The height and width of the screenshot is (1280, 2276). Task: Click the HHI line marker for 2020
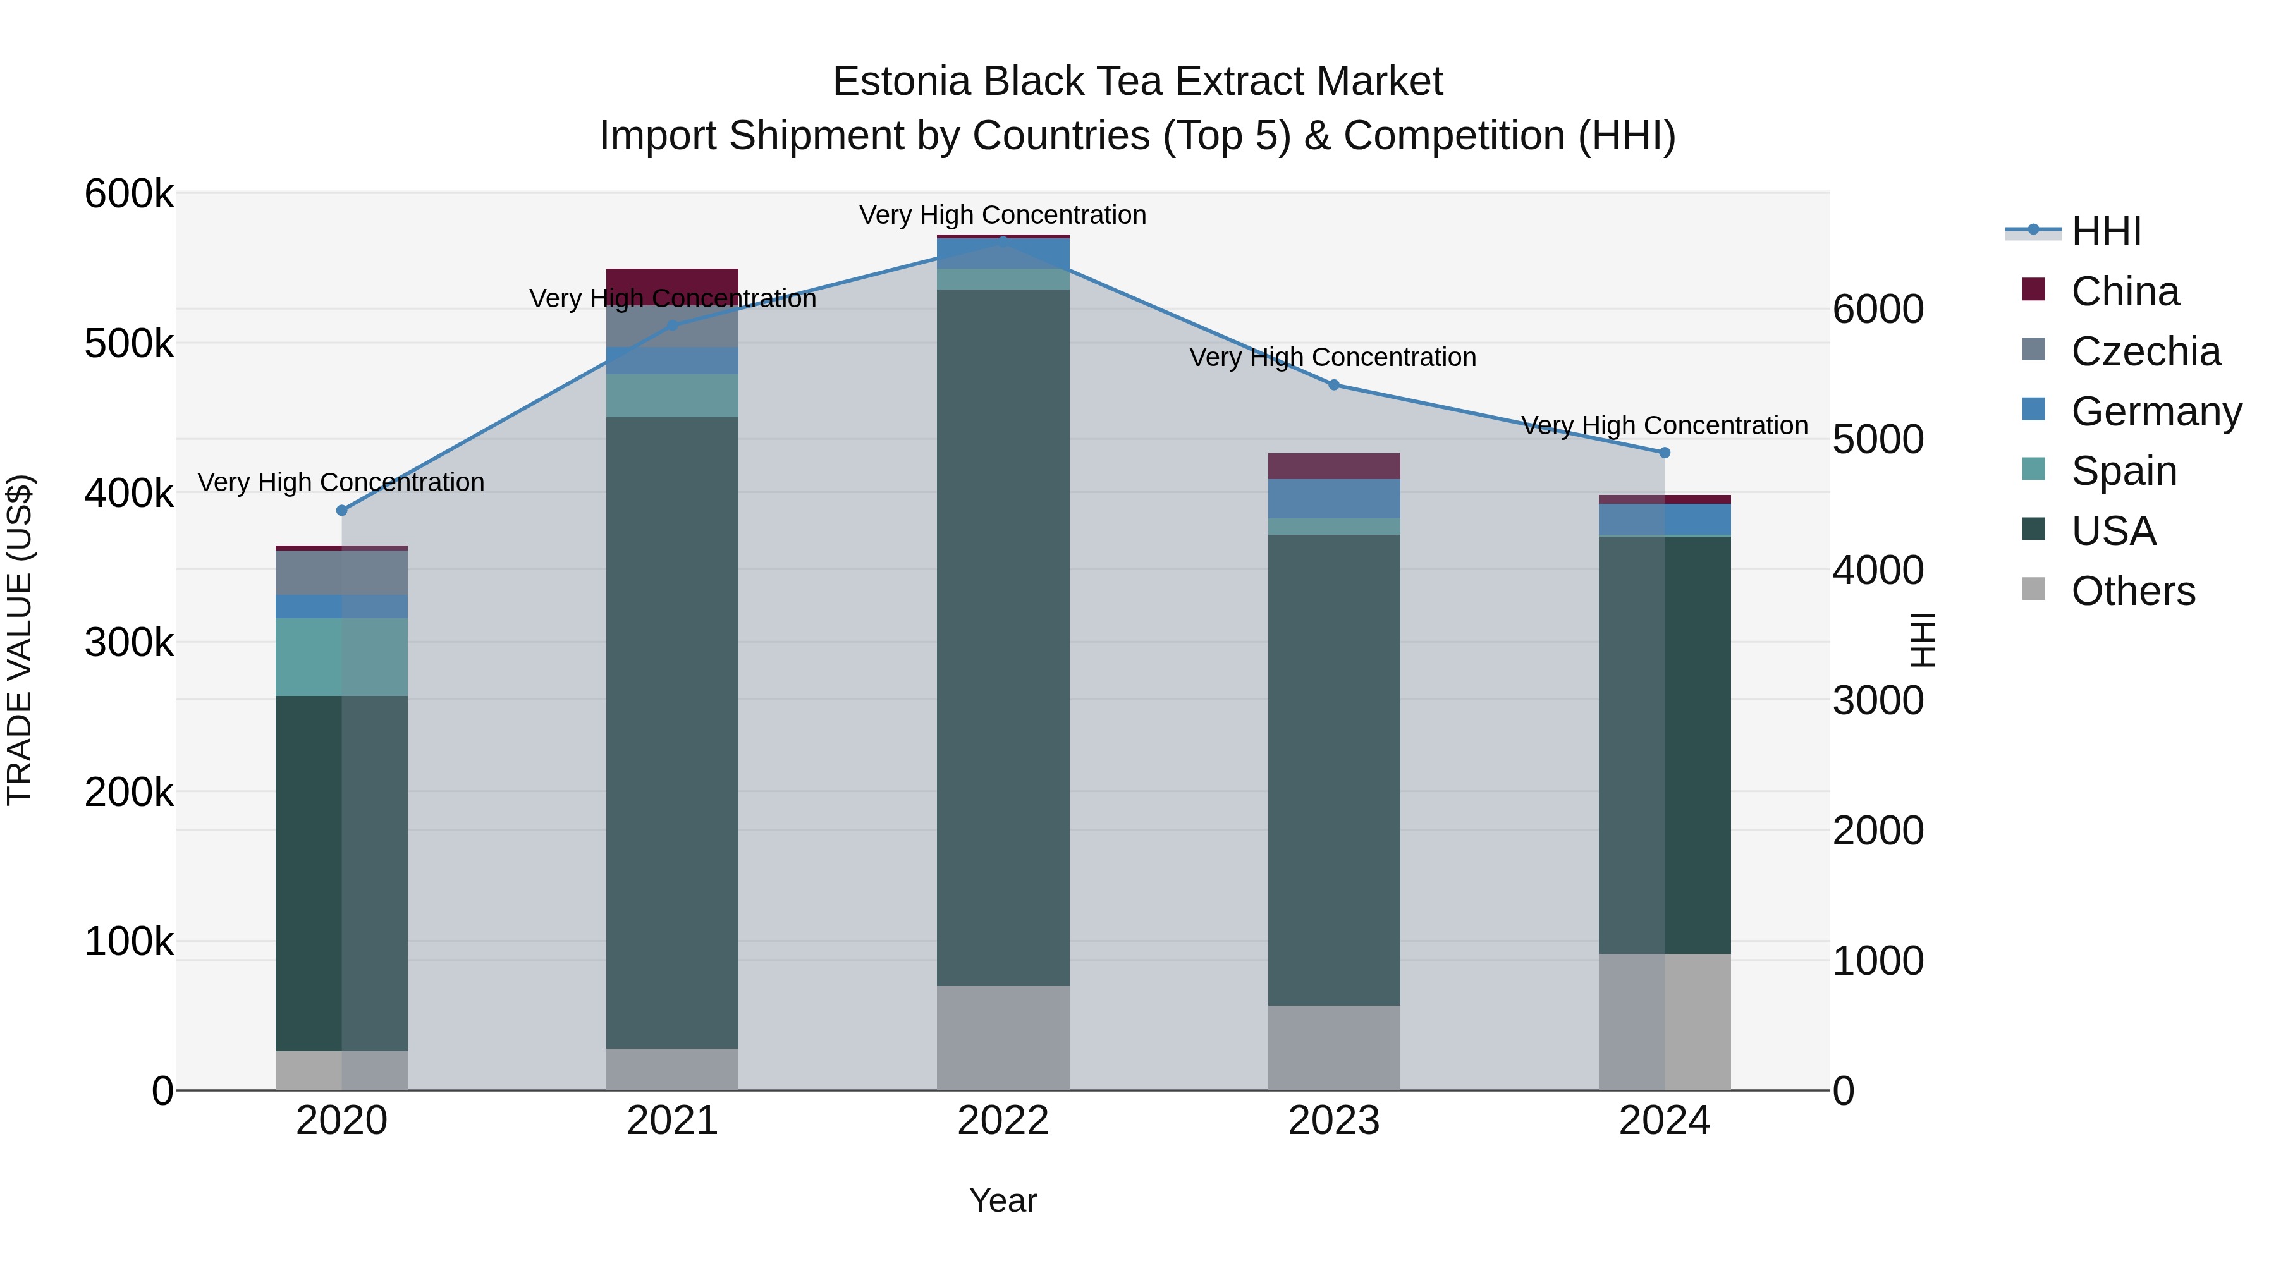[x=342, y=511]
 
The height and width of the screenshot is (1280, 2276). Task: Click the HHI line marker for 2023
[x=1334, y=385]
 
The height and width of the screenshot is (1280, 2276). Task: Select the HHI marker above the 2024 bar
[x=1665, y=453]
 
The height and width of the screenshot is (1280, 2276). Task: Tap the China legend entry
[x=2124, y=291]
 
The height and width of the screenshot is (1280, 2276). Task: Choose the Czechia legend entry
[x=2144, y=351]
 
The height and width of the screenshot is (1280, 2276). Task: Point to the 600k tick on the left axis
[x=129, y=193]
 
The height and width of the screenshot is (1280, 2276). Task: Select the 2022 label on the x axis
[x=1003, y=1121]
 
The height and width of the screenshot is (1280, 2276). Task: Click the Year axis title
[x=1003, y=1200]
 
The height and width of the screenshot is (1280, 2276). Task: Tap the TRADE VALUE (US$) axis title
[x=20, y=640]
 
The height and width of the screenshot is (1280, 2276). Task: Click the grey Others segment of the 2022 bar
[x=1003, y=1038]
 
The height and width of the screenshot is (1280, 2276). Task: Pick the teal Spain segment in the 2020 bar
[x=342, y=657]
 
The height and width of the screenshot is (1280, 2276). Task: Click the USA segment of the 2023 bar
[x=1334, y=769]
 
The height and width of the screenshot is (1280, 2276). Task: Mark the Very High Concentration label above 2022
[x=1003, y=215]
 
